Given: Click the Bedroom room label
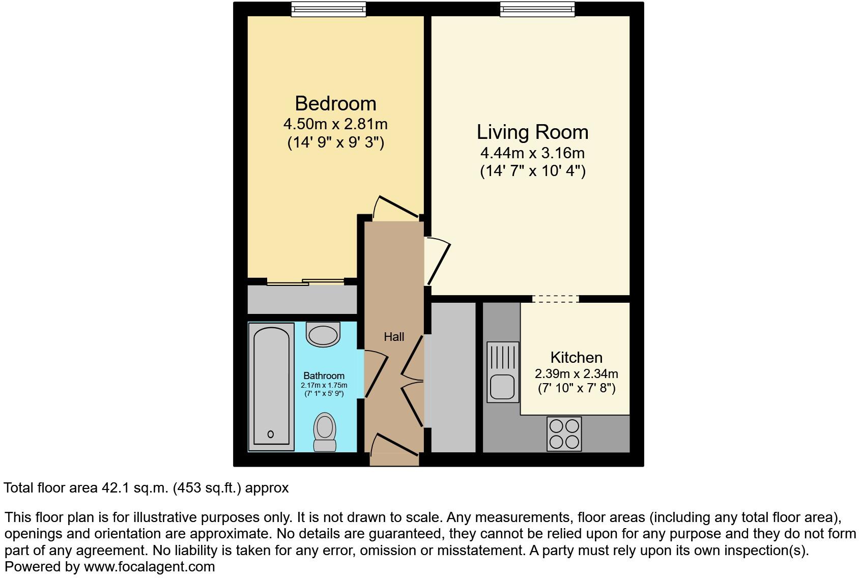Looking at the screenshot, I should click(335, 104).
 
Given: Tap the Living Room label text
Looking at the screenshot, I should click(532, 132).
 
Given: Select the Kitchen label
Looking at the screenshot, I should click(576, 357).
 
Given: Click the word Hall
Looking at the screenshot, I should click(394, 337).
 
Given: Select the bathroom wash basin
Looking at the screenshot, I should click(323, 334).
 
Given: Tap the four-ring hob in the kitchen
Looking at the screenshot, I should click(564, 434).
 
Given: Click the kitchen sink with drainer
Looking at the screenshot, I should click(503, 371).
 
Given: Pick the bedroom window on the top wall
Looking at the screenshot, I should click(328, 9).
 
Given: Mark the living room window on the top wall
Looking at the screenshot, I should click(537, 9).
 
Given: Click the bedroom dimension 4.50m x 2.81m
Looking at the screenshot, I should click(335, 124).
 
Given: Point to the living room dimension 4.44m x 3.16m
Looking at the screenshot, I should click(532, 153).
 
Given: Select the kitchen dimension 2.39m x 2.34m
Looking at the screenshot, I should click(576, 374).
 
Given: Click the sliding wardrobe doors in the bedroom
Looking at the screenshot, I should click(305, 282).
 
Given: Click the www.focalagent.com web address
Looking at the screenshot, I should click(149, 566).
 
